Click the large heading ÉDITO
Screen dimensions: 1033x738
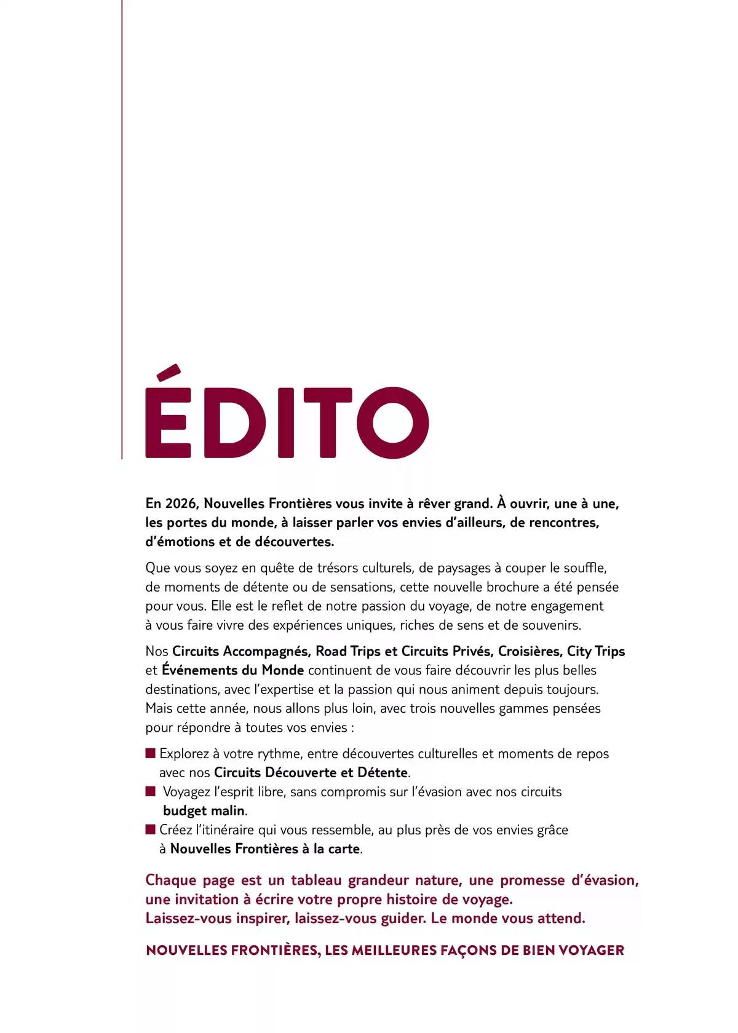[287, 422]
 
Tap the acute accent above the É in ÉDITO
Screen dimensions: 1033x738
[169, 372]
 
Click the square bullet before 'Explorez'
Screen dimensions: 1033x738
[151, 753]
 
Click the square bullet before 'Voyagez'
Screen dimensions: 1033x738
[151, 791]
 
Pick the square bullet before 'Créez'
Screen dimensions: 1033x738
[151, 829]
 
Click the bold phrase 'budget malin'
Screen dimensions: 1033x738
[204, 811]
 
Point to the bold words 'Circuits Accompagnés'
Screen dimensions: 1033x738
[241, 651]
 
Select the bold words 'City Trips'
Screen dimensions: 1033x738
[595, 651]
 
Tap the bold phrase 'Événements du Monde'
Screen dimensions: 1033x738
[233, 670]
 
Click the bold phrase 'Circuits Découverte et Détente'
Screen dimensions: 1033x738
[311, 773]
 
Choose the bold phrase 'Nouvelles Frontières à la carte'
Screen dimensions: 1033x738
[265, 849]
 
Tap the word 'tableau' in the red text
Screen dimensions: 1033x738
[316, 881]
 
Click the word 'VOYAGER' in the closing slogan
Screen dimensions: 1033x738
[591, 951]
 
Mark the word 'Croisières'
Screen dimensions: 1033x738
[530, 651]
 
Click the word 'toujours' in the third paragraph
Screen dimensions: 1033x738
[571, 689]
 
